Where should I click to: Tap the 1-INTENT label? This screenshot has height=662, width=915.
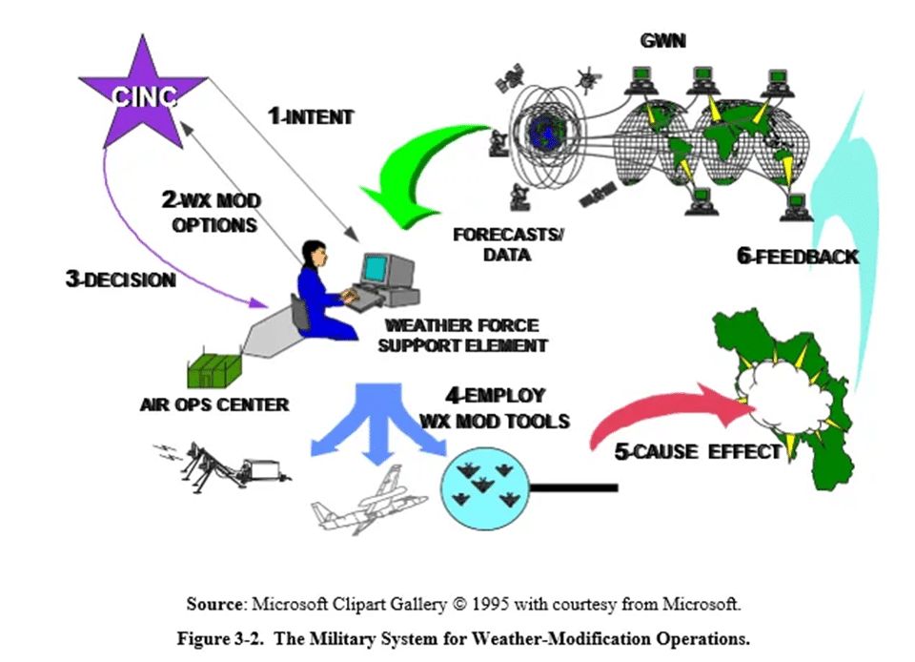pos(310,117)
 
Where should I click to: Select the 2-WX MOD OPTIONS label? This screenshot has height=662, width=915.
pos(211,213)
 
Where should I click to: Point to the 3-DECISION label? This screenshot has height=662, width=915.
pos(121,279)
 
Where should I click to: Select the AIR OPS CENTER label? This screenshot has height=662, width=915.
pos(213,403)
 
